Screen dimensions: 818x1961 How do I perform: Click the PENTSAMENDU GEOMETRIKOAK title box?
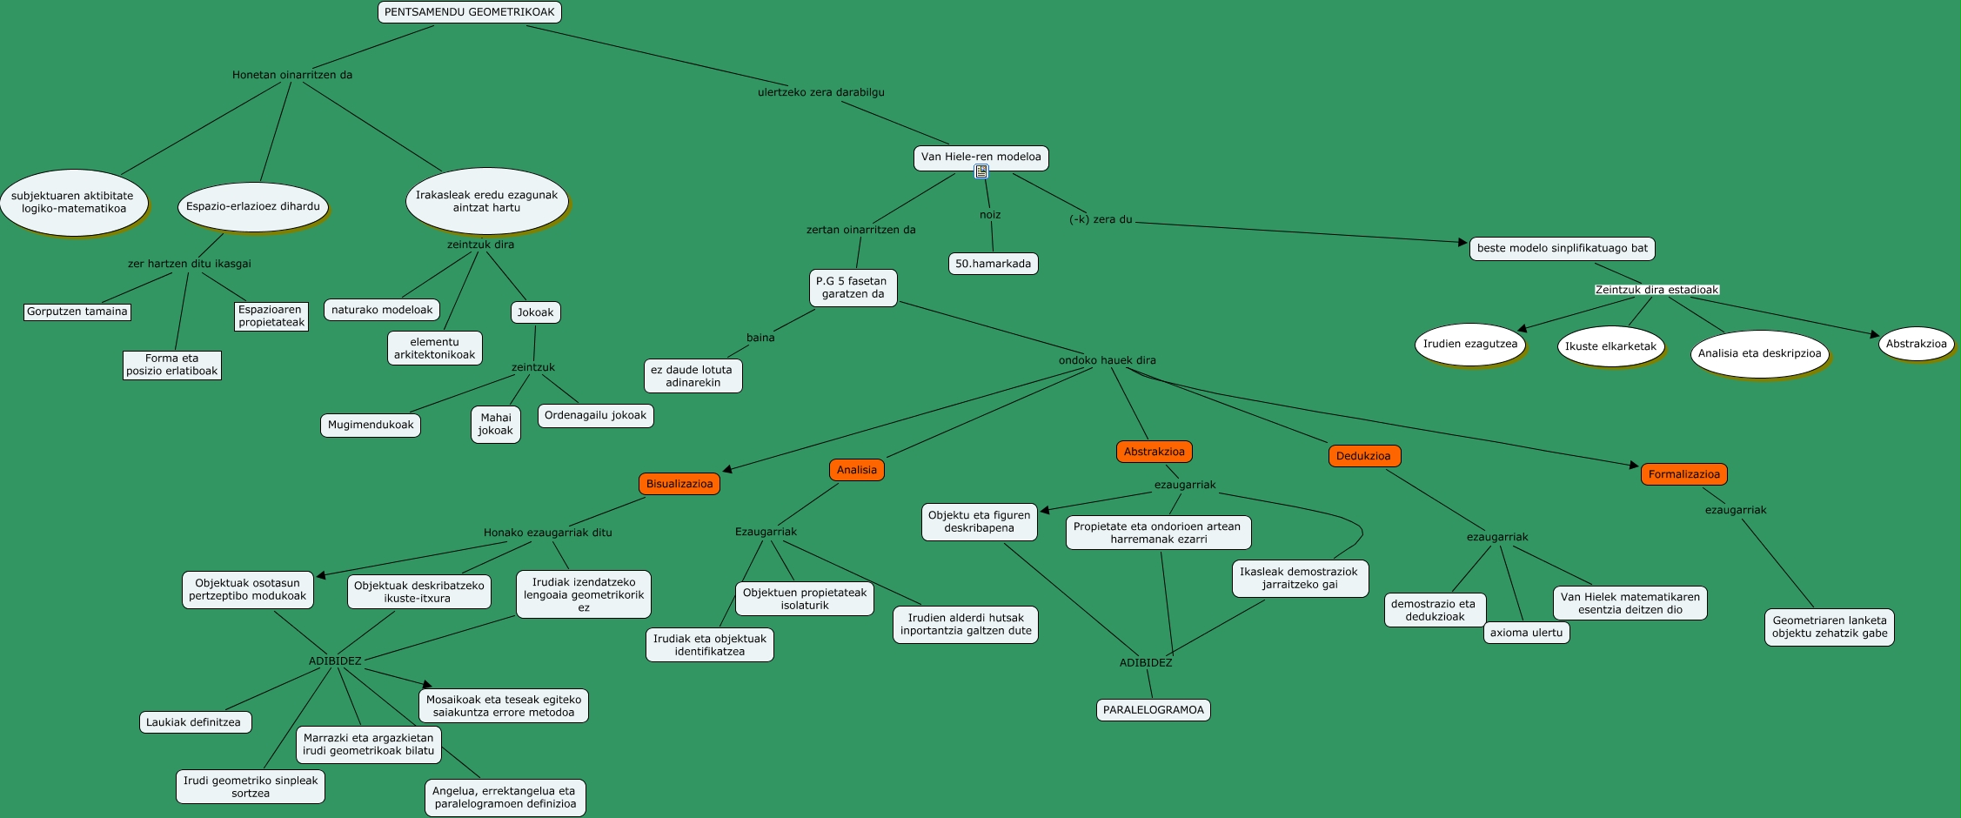[x=470, y=12]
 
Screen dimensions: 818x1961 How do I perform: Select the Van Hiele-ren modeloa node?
[x=980, y=157]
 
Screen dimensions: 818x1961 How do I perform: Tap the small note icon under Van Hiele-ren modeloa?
[x=981, y=171]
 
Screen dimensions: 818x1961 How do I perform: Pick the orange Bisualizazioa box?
[x=679, y=484]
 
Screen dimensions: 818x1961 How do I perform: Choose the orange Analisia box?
[x=857, y=470]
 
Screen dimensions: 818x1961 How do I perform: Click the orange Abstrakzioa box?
[x=1154, y=452]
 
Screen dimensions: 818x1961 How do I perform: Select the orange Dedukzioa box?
[x=1363, y=456]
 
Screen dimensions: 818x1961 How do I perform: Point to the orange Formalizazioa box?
[x=1683, y=474]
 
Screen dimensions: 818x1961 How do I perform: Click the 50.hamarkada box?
[x=993, y=264]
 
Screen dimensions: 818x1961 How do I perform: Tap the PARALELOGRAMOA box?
[x=1154, y=710]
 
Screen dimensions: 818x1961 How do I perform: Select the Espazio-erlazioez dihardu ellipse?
[x=253, y=206]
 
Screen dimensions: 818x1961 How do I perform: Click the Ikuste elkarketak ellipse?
[x=1610, y=346]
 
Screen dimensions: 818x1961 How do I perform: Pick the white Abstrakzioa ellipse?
[x=1916, y=344]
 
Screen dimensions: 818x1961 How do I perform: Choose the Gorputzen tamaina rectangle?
[x=77, y=312]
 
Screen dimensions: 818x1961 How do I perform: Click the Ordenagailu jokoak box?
[x=595, y=415]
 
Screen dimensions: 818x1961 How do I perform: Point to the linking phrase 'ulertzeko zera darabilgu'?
[x=820, y=92]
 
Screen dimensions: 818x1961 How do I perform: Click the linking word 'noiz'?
[x=990, y=215]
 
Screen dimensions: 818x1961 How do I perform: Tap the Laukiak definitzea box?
[x=195, y=722]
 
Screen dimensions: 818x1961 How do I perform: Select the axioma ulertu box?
[x=1526, y=633]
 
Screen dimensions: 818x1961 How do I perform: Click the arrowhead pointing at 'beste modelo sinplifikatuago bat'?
[x=1462, y=243]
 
